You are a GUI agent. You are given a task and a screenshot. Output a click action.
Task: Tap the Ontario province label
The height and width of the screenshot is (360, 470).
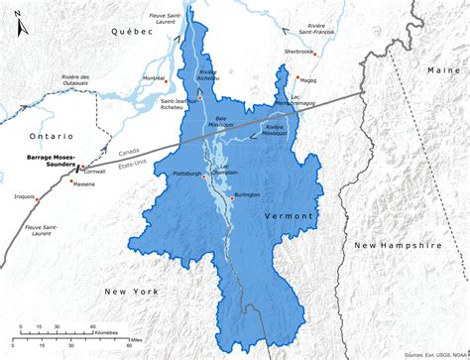[51, 136]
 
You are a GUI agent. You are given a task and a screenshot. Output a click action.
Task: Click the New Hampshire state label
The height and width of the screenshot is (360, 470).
[396, 244]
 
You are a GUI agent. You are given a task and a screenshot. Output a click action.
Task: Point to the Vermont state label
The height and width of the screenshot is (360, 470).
[289, 215]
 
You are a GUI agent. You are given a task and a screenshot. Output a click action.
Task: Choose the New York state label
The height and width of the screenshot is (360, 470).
[131, 292]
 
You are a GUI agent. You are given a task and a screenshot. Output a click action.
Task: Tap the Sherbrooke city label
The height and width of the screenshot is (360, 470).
[298, 50]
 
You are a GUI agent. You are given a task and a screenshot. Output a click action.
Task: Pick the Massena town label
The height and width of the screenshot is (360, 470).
[84, 183]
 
